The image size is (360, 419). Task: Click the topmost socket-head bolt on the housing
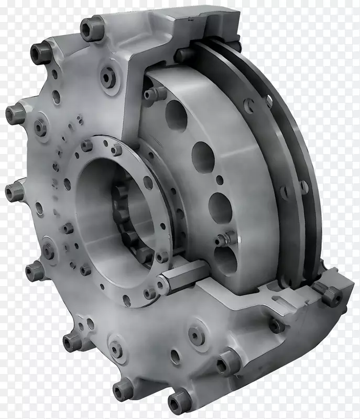pos(91,28)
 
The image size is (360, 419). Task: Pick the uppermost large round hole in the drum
pos(176,116)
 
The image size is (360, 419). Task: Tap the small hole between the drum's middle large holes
pos(220,180)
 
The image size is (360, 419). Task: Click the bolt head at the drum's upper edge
pos(155,93)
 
